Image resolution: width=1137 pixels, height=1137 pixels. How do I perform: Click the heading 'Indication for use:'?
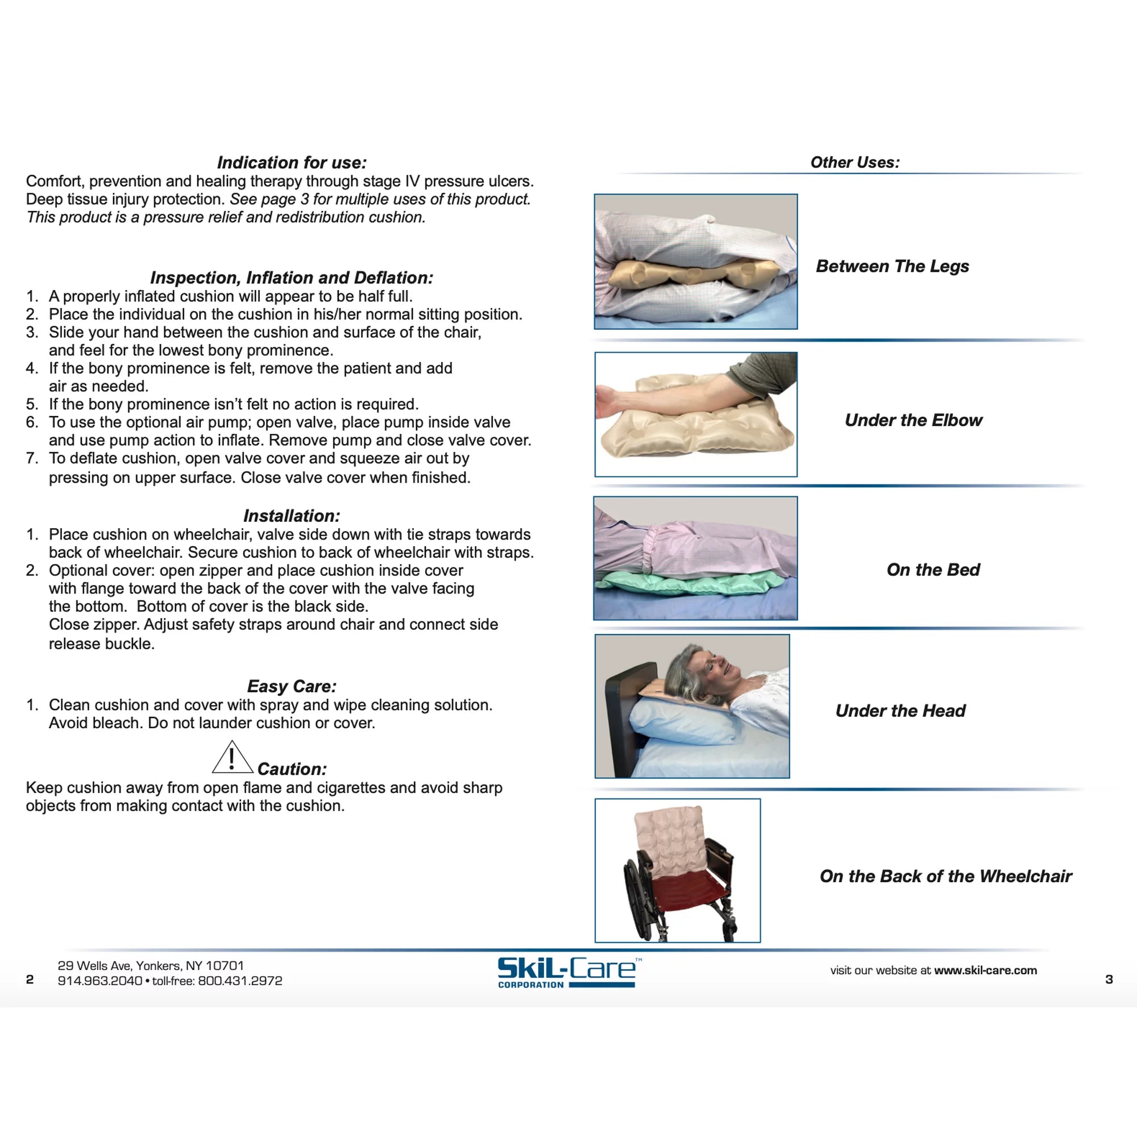pos(291,163)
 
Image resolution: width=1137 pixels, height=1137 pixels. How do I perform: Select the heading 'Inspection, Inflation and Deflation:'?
pos(291,277)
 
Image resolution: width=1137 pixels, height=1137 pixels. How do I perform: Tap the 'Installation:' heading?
pos(291,516)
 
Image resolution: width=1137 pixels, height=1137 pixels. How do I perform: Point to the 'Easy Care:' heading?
pos(291,686)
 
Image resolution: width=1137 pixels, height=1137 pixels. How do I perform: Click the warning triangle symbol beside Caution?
pos(232,758)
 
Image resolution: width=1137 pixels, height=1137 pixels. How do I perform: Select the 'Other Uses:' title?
pos(854,163)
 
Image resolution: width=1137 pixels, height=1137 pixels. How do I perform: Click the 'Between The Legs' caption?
pos(892,266)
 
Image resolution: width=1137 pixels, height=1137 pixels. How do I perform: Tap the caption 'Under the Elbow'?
pos(914,420)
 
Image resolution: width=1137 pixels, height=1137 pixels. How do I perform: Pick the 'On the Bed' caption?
pos(933,570)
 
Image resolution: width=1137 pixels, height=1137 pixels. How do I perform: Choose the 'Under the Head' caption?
pos(901,711)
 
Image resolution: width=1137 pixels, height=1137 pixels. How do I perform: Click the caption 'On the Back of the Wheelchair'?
pos(946,876)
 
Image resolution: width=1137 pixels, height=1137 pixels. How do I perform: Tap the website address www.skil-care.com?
pos(985,970)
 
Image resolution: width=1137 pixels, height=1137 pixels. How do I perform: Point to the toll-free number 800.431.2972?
pos(240,981)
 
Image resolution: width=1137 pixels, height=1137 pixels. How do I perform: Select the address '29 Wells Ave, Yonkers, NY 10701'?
pos(151,966)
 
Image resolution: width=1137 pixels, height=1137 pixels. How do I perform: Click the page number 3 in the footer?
pos(1109,980)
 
